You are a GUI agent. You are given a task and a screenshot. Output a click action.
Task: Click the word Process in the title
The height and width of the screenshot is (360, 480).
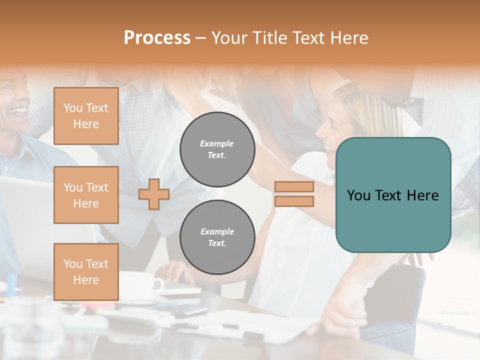[157, 38]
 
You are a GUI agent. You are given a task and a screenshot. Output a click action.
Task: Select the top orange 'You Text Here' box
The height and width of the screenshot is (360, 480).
[86, 116]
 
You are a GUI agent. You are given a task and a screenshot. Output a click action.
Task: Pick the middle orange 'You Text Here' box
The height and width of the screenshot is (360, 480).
[86, 195]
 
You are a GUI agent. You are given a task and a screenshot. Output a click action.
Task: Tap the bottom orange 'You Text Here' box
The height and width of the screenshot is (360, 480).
[86, 272]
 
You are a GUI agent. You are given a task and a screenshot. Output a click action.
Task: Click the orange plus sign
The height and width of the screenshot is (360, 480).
[154, 194]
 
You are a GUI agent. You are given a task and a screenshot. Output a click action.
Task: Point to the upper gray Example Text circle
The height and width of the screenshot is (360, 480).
[217, 149]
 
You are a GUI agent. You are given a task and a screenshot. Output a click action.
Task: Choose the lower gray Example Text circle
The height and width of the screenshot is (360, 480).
[217, 237]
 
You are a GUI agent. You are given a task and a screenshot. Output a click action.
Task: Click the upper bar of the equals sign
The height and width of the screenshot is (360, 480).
[294, 187]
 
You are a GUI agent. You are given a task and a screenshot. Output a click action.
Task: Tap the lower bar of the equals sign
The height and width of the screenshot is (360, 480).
[294, 201]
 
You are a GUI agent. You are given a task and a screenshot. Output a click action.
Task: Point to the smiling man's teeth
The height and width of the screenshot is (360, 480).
[19, 110]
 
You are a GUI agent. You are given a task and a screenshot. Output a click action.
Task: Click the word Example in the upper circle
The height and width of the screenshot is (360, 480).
[217, 143]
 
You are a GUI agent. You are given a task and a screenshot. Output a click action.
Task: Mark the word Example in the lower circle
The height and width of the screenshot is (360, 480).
[217, 231]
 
